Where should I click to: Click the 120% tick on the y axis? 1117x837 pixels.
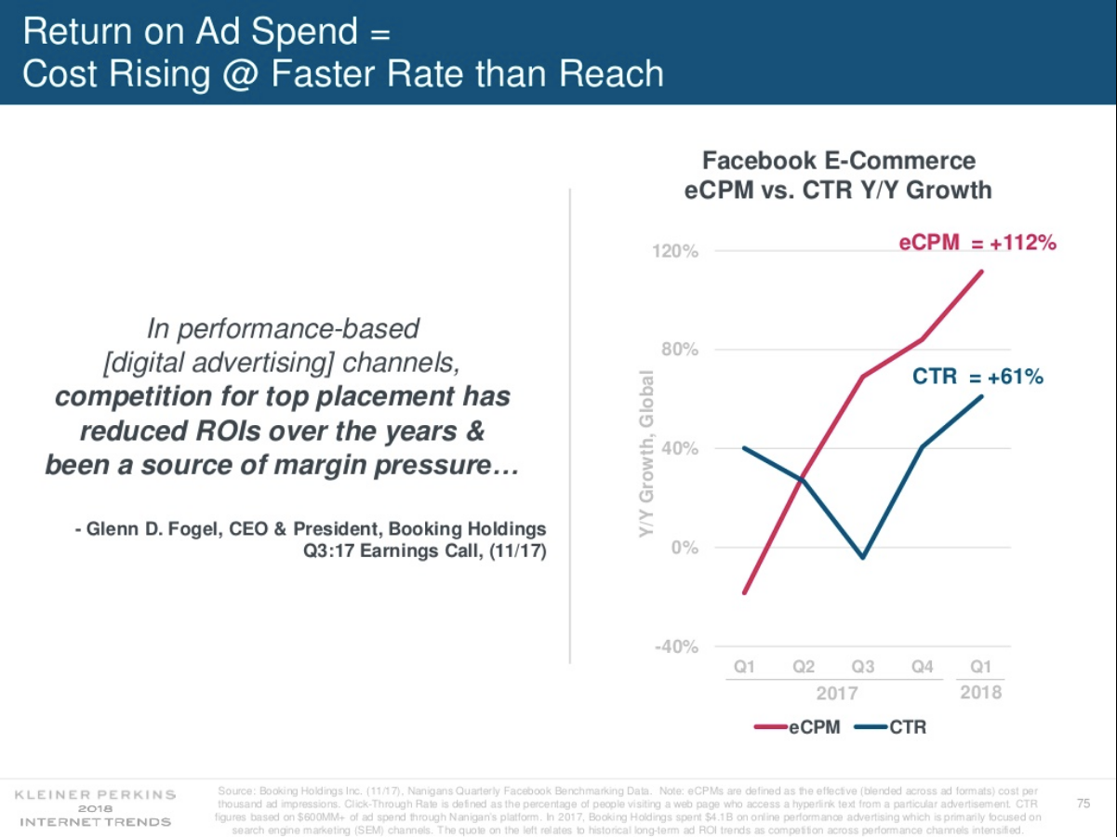pyautogui.click(x=675, y=252)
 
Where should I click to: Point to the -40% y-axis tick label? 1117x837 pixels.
pyautogui.click(x=675, y=646)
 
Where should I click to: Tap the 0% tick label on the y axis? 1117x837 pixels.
pyautogui.click(x=685, y=548)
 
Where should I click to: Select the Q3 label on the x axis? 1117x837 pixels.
pyautogui.click(x=862, y=667)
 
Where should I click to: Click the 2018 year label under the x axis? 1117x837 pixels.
pyautogui.click(x=980, y=692)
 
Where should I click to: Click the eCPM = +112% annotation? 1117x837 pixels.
pyautogui.click(x=977, y=244)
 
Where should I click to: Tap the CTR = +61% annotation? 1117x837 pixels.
pyautogui.click(x=977, y=377)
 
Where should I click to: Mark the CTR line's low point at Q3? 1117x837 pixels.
pyautogui.click(x=863, y=558)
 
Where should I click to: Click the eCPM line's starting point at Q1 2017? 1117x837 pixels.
pyautogui.click(x=744, y=592)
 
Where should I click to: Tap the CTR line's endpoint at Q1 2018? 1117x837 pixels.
pyautogui.click(x=982, y=396)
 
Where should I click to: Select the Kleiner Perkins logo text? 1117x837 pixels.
pyautogui.click(x=96, y=794)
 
